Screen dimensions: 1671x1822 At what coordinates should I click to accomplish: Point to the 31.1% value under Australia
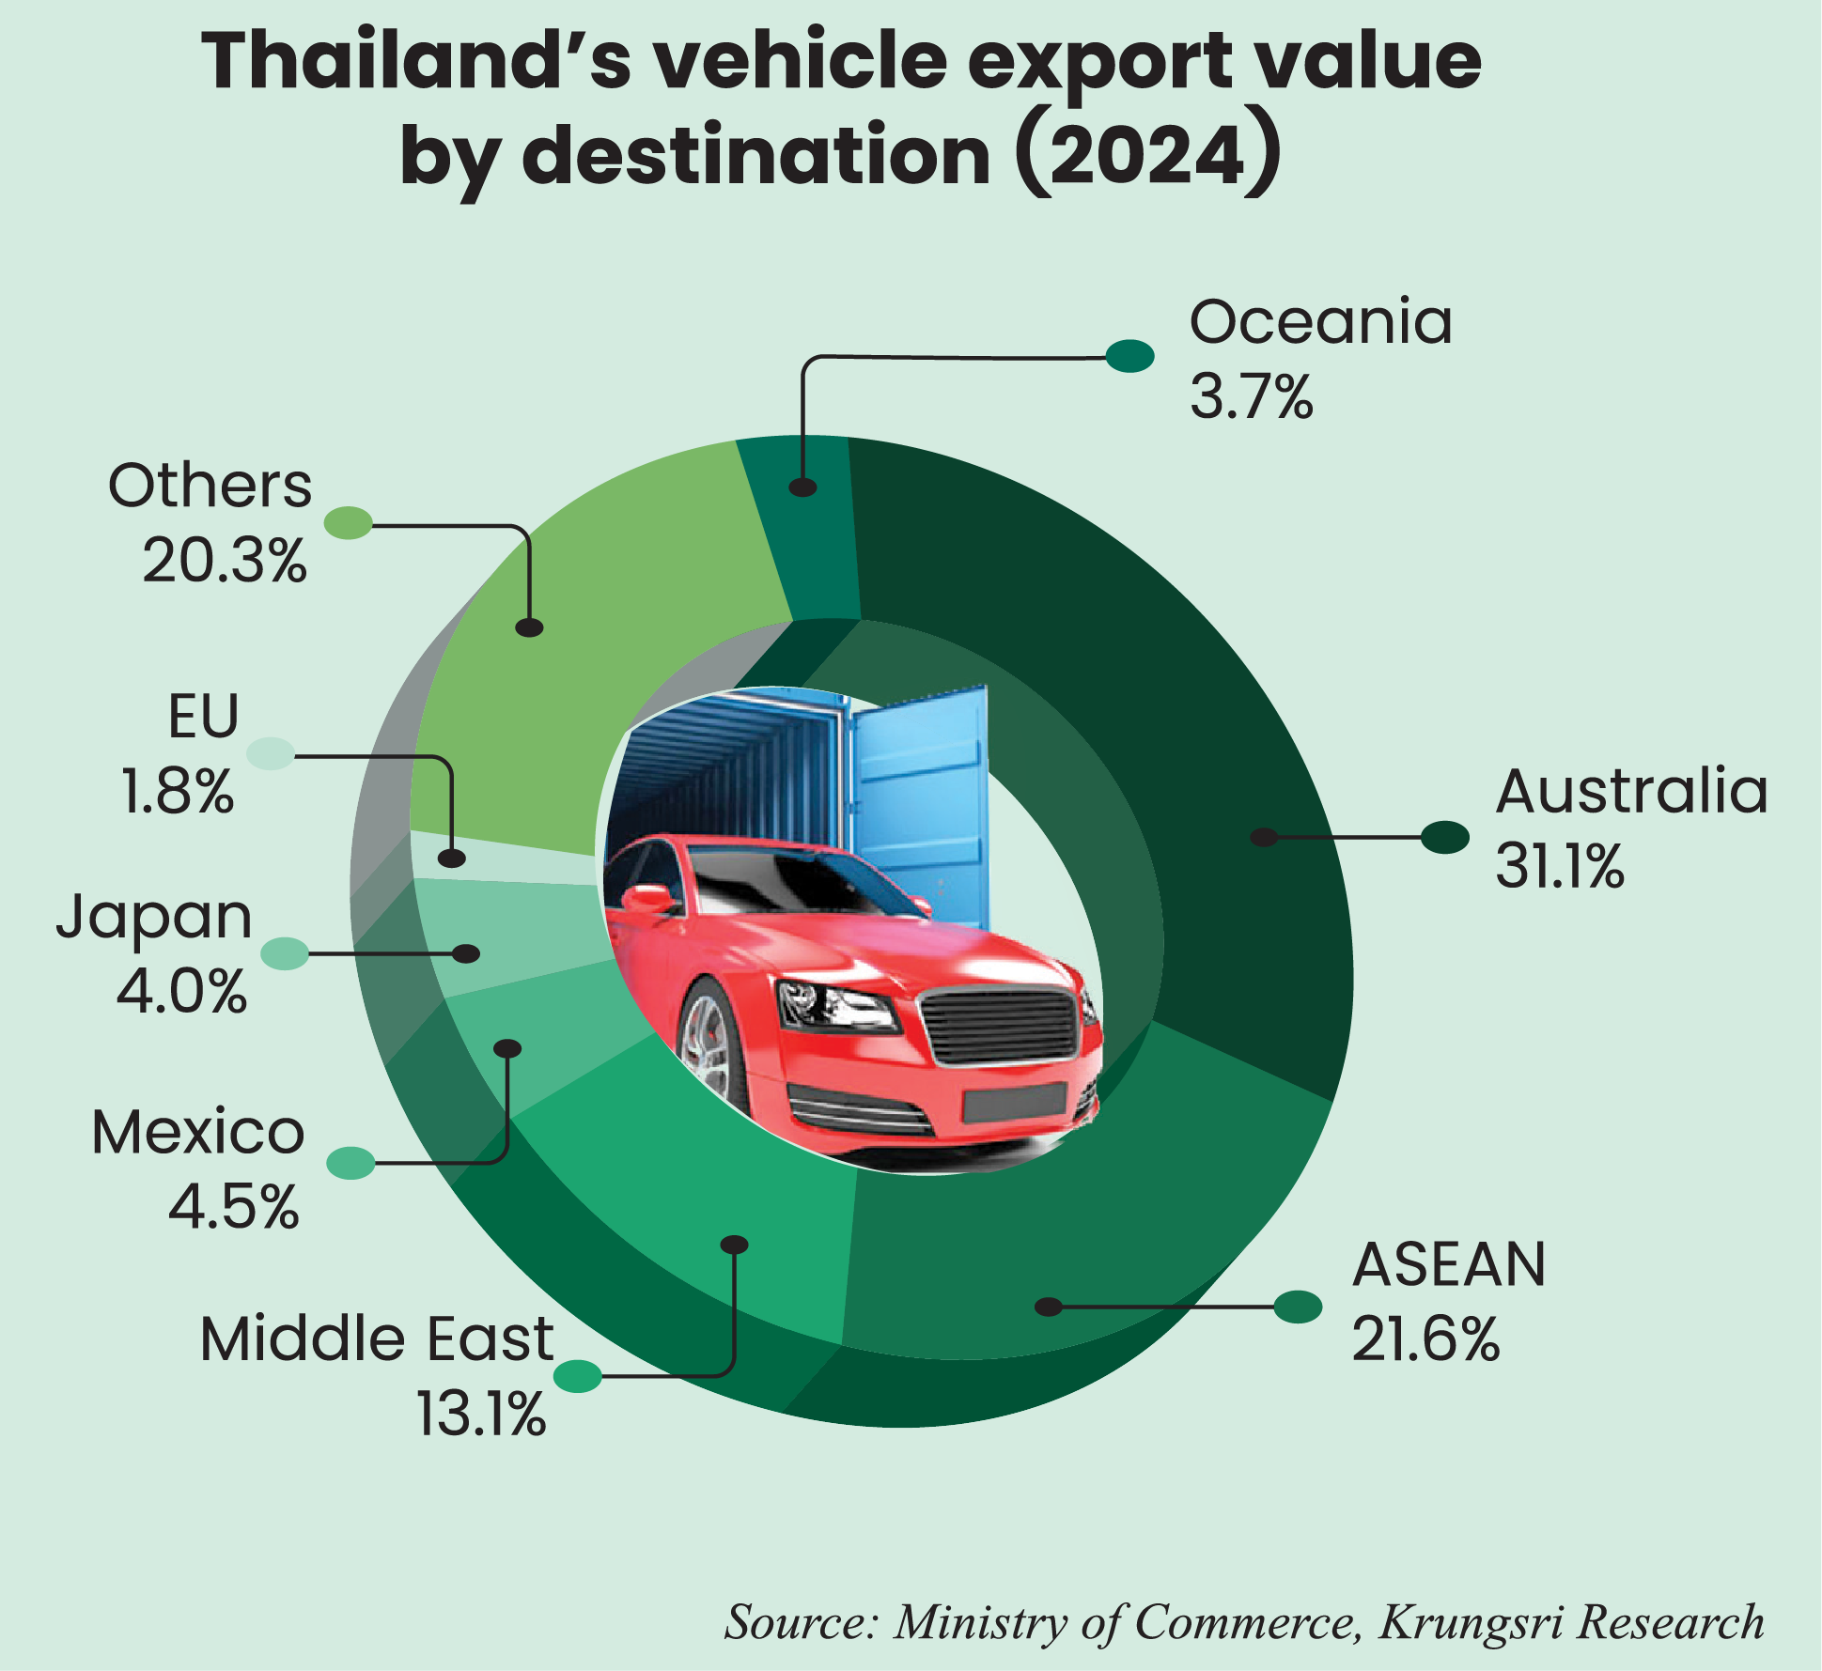(x=1559, y=866)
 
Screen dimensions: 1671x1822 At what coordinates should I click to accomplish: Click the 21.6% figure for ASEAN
(x=1425, y=1339)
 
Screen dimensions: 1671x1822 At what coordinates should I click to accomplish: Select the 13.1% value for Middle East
(x=480, y=1415)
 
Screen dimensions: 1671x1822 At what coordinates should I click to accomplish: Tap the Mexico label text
(x=197, y=1132)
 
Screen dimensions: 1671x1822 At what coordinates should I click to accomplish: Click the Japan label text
(x=154, y=918)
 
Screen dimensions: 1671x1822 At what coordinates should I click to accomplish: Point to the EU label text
(x=203, y=717)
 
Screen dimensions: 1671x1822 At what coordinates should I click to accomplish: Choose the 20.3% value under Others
(x=225, y=562)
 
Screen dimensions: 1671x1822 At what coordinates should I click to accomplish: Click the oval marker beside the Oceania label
(x=1129, y=356)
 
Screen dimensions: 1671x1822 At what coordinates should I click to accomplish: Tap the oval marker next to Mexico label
(x=350, y=1163)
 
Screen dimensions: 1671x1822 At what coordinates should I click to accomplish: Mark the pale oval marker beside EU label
(x=271, y=753)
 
